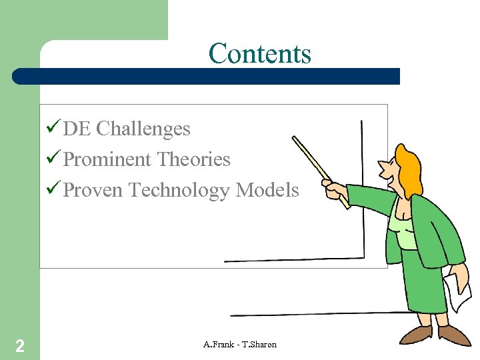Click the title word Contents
click(x=259, y=53)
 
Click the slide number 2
click(x=21, y=345)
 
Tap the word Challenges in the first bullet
click(x=143, y=129)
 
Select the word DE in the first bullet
click(x=77, y=129)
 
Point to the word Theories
click(x=193, y=160)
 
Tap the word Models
click(x=268, y=191)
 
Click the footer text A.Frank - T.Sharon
click(x=240, y=345)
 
